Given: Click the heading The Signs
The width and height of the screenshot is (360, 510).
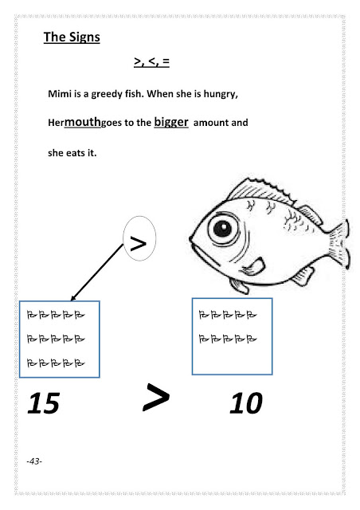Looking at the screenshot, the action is (x=72, y=37).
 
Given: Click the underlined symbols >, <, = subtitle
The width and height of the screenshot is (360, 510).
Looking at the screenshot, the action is (x=151, y=61).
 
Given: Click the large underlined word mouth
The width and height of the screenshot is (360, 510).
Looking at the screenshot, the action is (x=83, y=122).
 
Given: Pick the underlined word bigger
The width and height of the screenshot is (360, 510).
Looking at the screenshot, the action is (x=171, y=122).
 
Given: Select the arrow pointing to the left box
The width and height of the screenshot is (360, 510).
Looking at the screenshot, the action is (x=97, y=272).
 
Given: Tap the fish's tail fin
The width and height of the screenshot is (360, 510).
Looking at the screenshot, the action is (x=338, y=245).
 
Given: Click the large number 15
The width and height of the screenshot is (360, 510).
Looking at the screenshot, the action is (x=44, y=403).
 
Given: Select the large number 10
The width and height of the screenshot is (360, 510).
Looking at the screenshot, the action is (x=246, y=403).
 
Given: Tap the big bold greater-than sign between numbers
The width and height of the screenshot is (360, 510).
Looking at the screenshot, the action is (x=156, y=397).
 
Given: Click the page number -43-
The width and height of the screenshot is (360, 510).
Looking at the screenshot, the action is (x=34, y=461).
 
